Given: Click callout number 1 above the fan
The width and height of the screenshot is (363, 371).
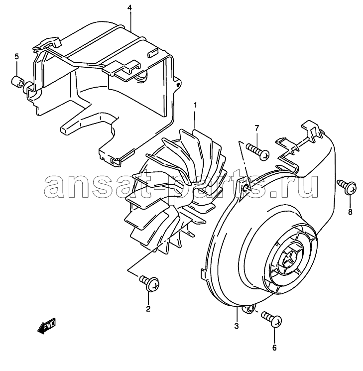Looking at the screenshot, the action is [195, 105].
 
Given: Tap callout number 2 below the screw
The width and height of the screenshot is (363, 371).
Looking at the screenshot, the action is [148, 309].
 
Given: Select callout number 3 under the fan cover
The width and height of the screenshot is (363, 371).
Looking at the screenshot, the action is [237, 326].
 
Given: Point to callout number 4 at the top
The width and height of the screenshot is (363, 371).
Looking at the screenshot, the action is [129, 8].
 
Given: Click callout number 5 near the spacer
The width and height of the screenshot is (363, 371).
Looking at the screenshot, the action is [16, 57].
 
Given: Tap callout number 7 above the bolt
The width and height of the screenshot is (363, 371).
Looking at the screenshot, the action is [257, 128].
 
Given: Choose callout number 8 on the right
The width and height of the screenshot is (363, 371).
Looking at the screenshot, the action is [350, 212].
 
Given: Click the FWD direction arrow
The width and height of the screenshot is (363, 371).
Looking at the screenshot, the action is [47, 326].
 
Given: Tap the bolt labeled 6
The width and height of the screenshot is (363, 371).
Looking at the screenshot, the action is [272, 319].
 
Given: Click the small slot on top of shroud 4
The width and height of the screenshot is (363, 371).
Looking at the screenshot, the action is [153, 53].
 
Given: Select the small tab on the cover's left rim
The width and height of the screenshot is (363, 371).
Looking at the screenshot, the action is [204, 274].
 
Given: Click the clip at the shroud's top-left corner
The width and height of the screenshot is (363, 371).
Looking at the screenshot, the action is [47, 43].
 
